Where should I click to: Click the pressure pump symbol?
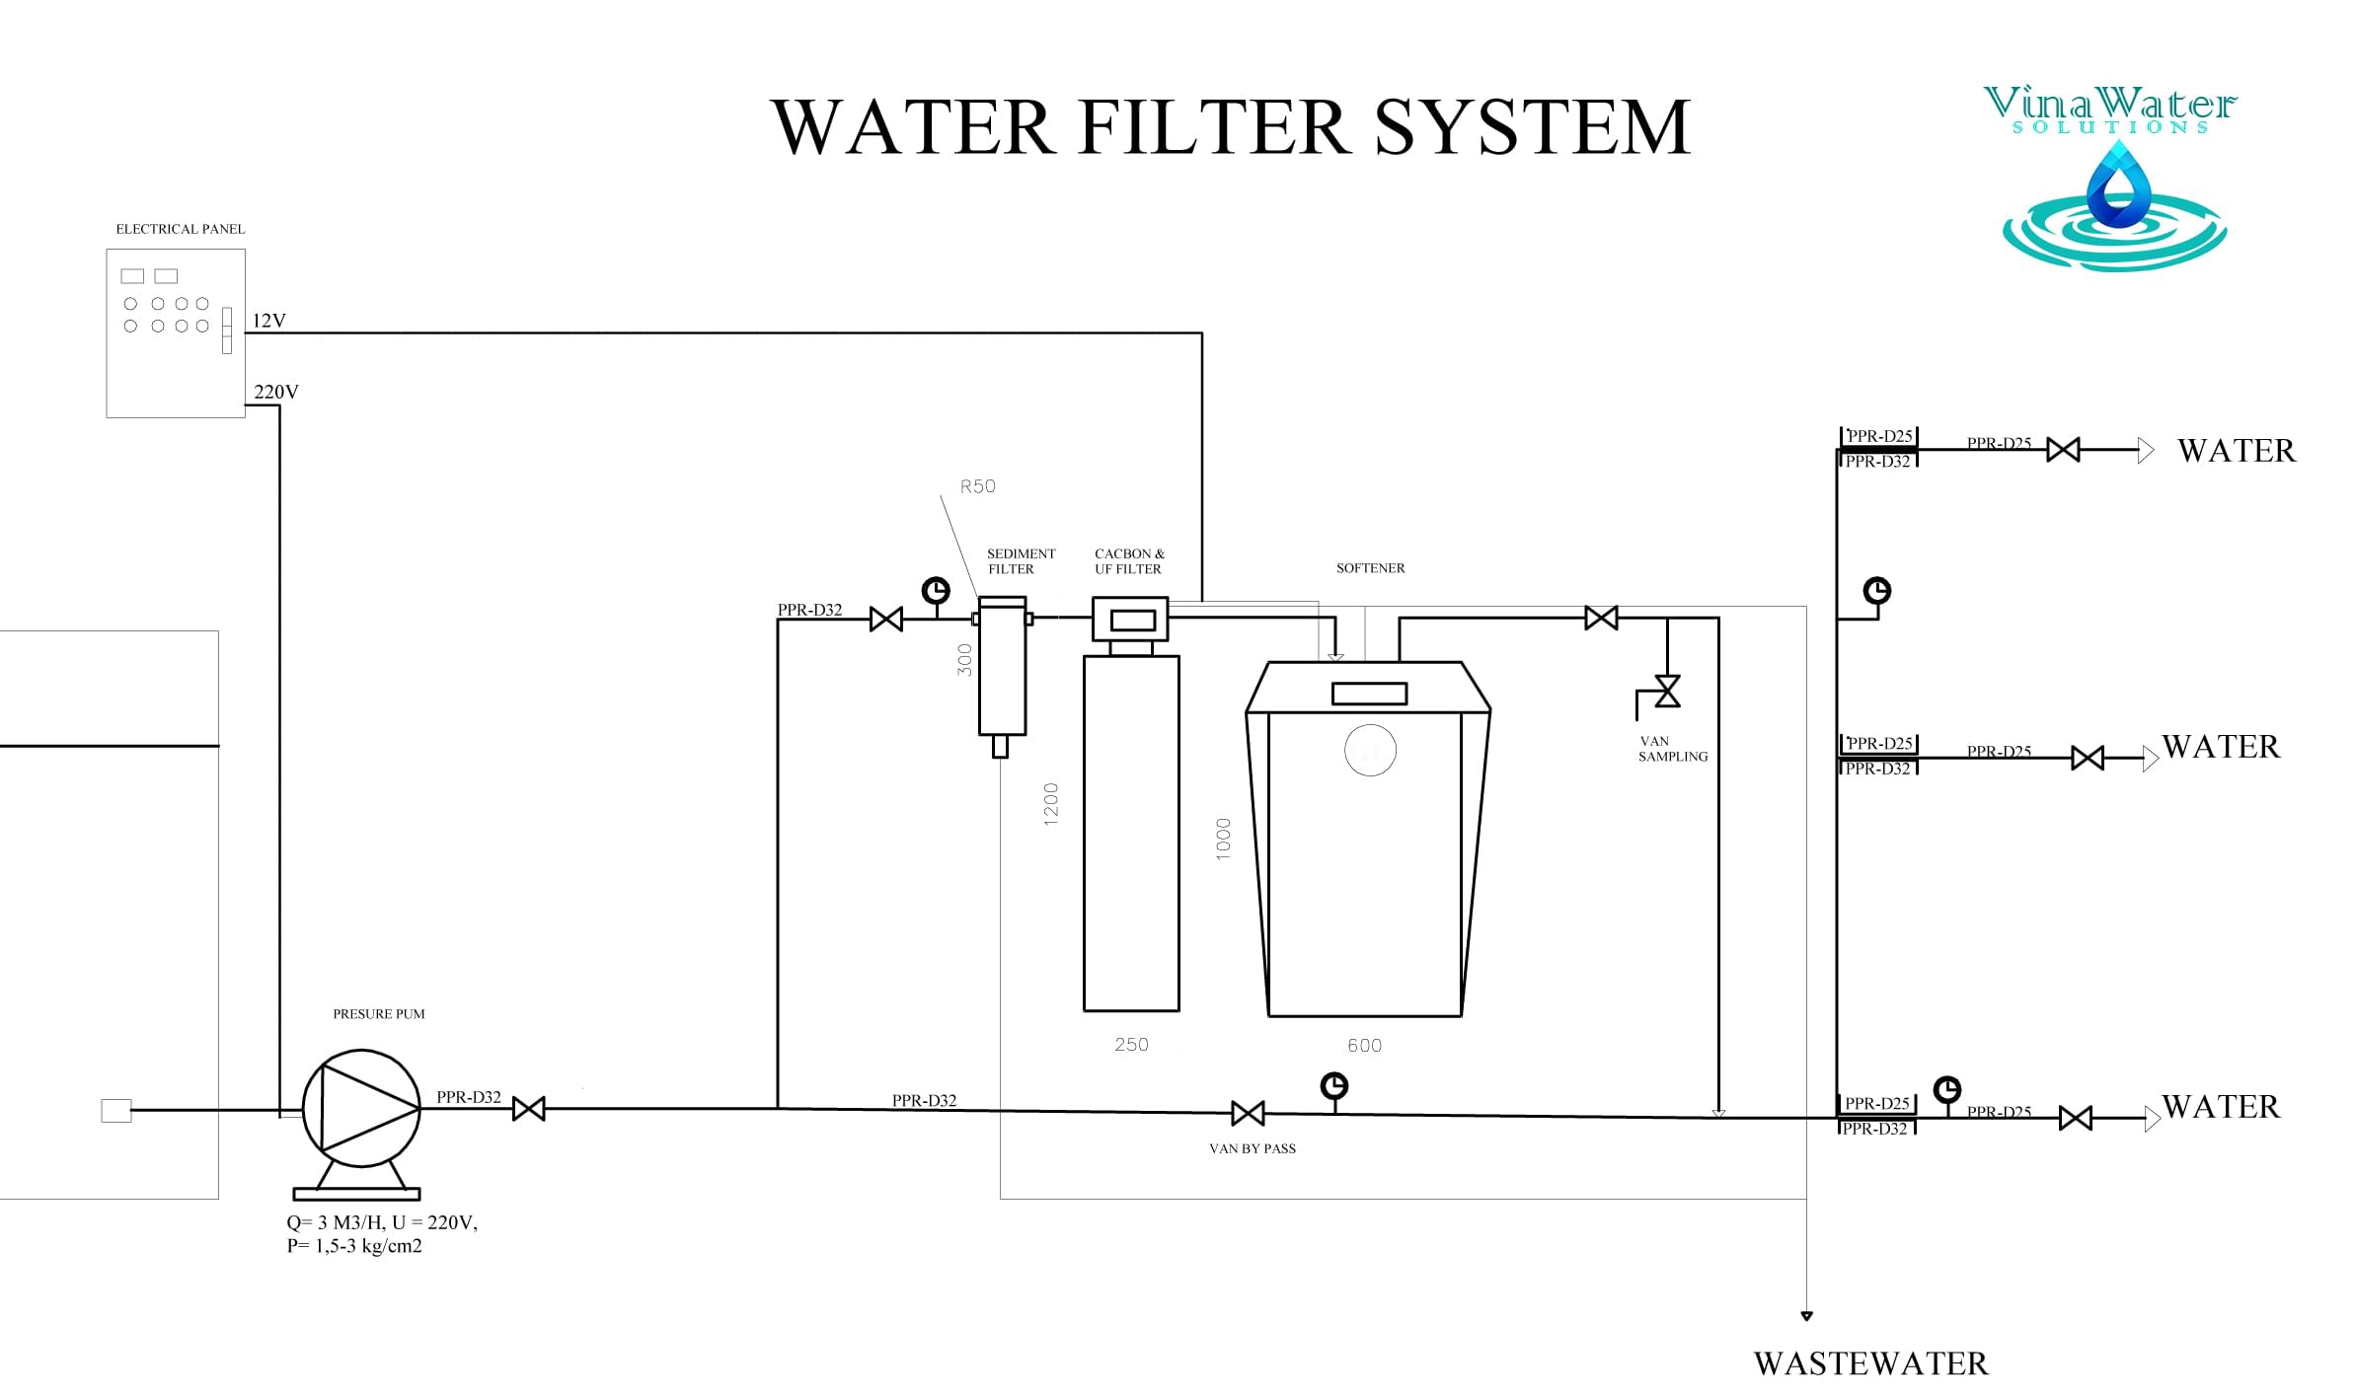[x=361, y=1108]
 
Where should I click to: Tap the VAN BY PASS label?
[x=1252, y=1148]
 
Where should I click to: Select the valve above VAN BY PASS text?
[x=1248, y=1114]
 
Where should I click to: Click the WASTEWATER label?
[x=1870, y=1363]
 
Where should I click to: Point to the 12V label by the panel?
[x=268, y=321]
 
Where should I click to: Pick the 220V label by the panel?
[x=275, y=392]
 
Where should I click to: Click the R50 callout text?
[x=977, y=486]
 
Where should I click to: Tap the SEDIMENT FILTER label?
[x=1021, y=561]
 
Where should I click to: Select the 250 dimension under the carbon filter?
[x=1131, y=1045]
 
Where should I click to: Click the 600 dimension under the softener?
[x=1364, y=1046]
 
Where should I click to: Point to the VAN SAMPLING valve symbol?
[x=1667, y=691]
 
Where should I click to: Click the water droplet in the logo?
[x=2118, y=187]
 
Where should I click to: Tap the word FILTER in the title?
[x=1214, y=128]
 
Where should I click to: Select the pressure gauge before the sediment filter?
[x=936, y=591]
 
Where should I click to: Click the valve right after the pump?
[x=529, y=1109]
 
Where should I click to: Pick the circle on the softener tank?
[x=1370, y=750]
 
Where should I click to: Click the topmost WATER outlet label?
[x=2236, y=451]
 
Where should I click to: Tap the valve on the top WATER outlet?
[x=2063, y=450]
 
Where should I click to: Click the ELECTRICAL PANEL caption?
[x=181, y=229]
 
